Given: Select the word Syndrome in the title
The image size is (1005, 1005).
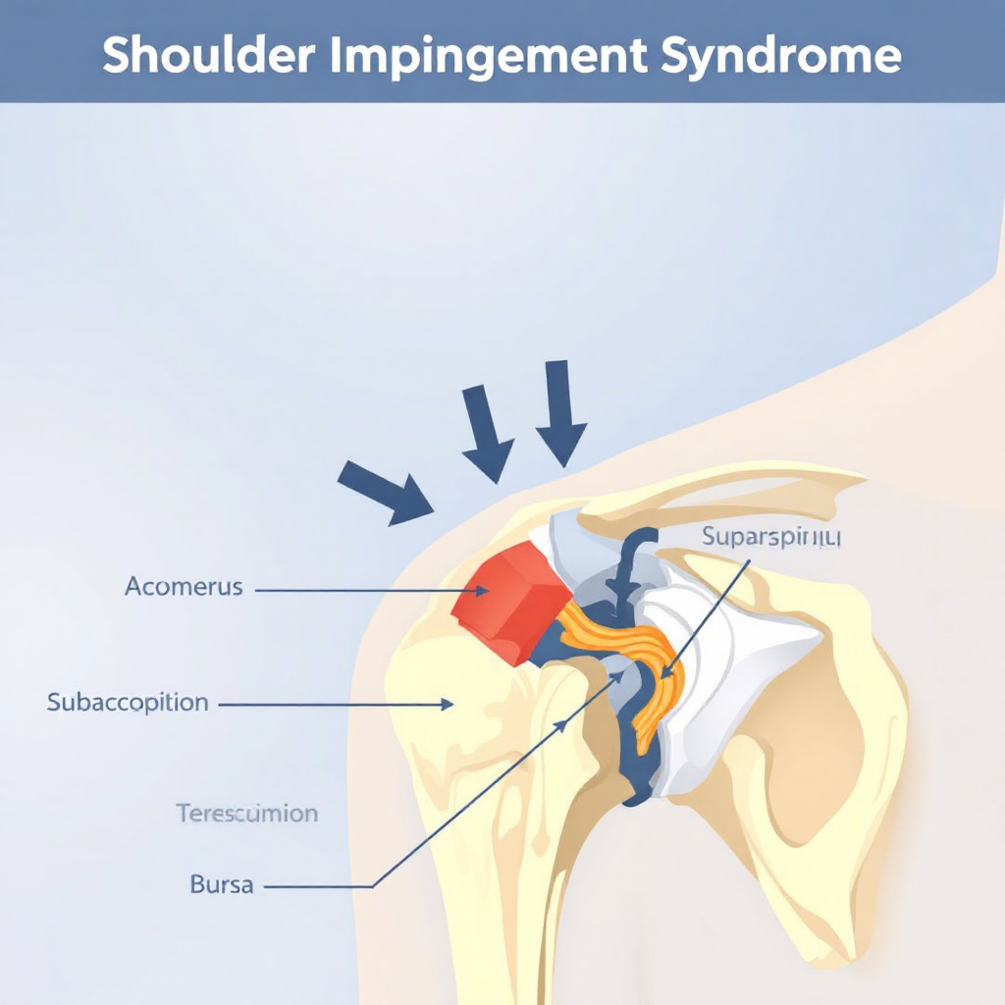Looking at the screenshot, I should tap(781, 57).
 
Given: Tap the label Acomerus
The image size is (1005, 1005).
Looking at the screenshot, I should tap(184, 588).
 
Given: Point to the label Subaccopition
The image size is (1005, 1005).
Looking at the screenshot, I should tap(128, 703).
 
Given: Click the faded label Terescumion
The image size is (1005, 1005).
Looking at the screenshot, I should tap(246, 814).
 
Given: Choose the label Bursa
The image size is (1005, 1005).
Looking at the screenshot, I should tap(221, 884).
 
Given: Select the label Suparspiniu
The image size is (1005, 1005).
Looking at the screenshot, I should tap(771, 538).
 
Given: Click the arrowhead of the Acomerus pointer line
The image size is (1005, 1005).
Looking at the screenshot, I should tap(482, 590).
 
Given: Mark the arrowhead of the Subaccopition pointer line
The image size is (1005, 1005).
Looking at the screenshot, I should tap(447, 703).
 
